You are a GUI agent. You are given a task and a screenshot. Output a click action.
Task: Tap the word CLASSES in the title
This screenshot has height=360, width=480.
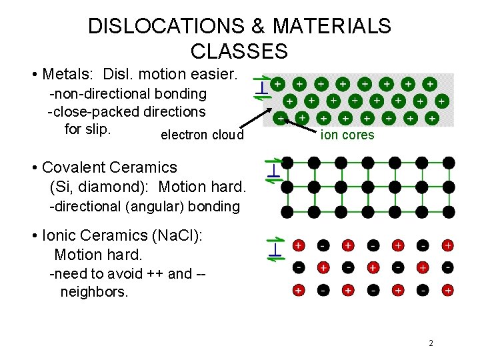pyautogui.click(x=239, y=51)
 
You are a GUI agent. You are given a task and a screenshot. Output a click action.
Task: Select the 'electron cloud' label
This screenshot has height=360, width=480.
pyautogui.click(x=202, y=135)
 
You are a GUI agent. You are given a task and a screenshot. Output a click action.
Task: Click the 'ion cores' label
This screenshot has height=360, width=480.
pyautogui.click(x=347, y=135)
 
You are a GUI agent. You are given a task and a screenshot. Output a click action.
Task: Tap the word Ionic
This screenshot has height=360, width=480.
pyautogui.click(x=63, y=236)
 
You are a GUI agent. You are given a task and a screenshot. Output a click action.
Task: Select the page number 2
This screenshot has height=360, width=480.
pyautogui.click(x=431, y=343)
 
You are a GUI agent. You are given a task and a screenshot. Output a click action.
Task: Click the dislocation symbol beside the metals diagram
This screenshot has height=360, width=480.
pyautogui.click(x=263, y=87)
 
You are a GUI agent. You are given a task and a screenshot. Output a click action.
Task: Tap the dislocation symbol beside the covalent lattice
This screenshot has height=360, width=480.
pyautogui.click(x=272, y=171)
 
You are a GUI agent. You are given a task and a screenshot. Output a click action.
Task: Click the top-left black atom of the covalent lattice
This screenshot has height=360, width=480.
pyautogui.click(x=287, y=162)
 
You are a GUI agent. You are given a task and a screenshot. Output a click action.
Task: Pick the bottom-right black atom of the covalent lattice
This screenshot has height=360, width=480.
pyautogui.click(x=449, y=212)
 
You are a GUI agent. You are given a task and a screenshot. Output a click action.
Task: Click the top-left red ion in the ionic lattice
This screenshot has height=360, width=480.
pyautogui.click(x=298, y=245)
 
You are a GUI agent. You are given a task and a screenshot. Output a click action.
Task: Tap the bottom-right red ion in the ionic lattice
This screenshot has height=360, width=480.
pyautogui.click(x=448, y=290)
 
